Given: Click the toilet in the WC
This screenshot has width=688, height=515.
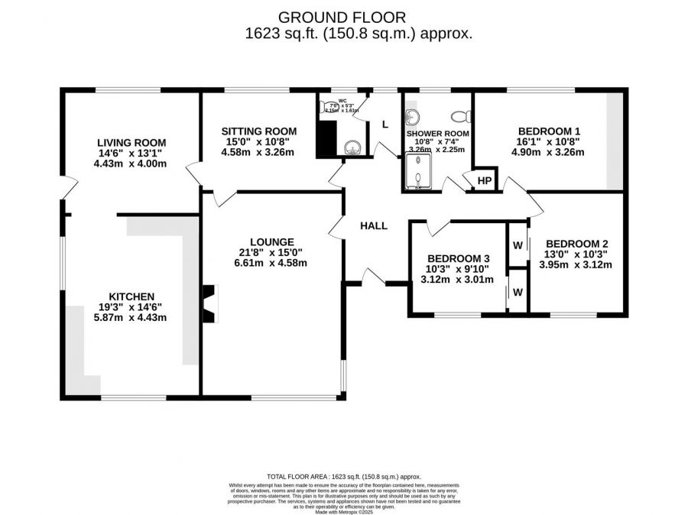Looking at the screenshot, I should point(327,108).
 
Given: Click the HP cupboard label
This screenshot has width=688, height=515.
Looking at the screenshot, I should point(484,180).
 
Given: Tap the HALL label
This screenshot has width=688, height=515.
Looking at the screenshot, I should point(374,225).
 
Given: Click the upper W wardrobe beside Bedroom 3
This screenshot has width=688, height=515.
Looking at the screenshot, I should point(518,245).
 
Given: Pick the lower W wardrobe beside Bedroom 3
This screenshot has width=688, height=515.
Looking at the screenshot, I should point(518,292).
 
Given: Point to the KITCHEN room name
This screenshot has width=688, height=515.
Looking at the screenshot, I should point(131,296).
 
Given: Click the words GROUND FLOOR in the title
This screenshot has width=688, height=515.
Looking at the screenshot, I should point(342,17).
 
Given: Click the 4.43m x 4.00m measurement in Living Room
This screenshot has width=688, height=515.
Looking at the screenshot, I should point(131,163).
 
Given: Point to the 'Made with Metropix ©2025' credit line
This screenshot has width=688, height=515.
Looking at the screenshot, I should point(343,510).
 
